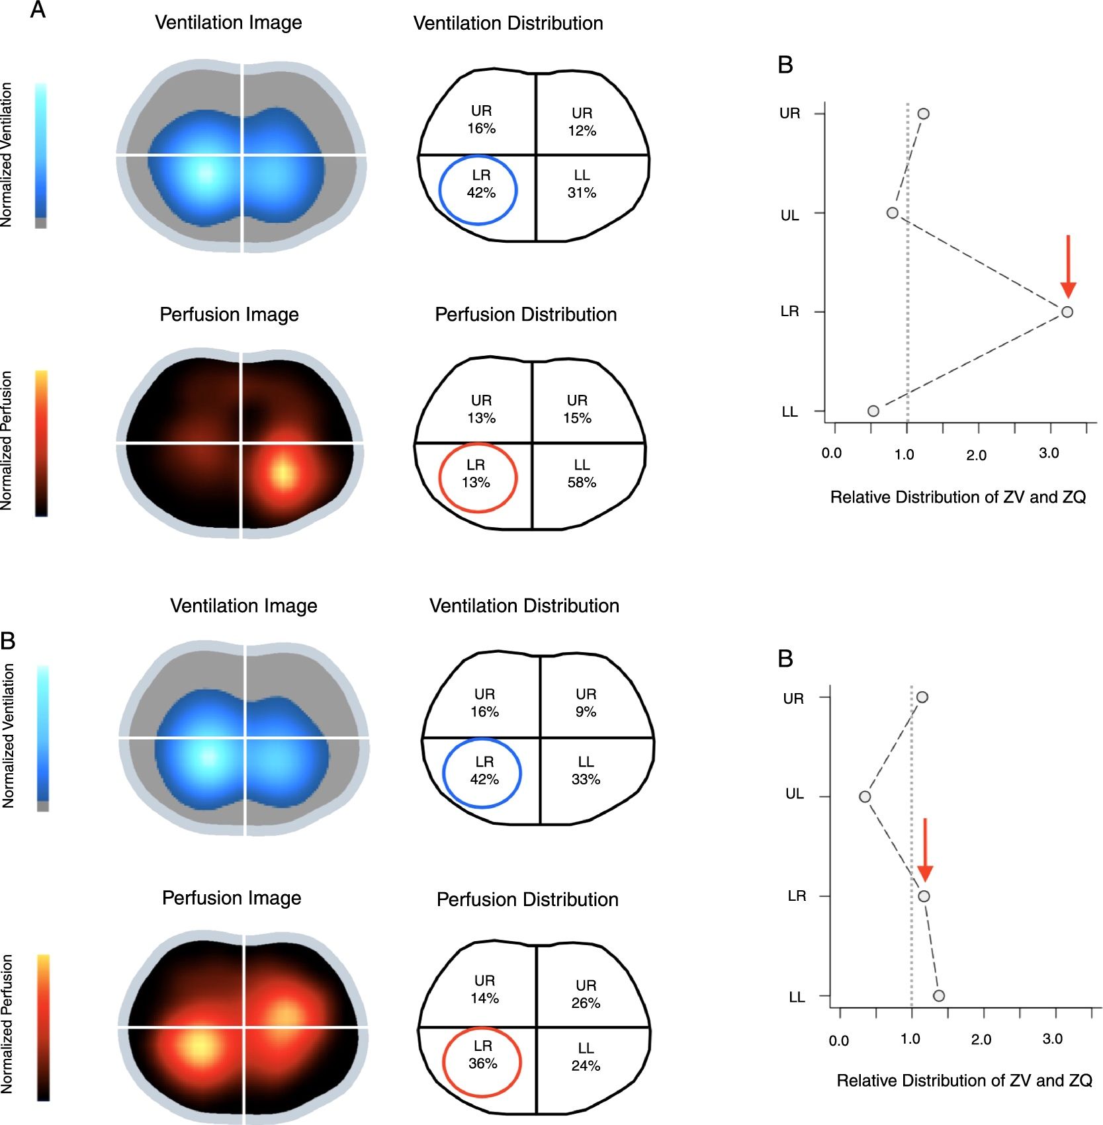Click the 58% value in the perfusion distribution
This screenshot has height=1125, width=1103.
click(x=582, y=483)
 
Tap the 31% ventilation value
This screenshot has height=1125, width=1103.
click(x=582, y=193)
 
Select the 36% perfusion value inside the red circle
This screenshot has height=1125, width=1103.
click(x=482, y=1063)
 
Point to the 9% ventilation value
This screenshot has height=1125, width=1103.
click(x=586, y=712)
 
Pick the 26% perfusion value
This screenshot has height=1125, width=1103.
click(x=586, y=1003)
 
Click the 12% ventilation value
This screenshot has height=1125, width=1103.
click(x=582, y=131)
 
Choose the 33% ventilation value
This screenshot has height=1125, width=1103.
click(x=586, y=780)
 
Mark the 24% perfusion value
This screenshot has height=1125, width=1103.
click(x=586, y=1065)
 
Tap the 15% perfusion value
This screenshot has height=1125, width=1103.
click(x=577, y=418)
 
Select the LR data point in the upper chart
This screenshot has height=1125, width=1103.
click(x=1067, y=312)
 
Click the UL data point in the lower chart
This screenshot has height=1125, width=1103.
click(x=865, y=796)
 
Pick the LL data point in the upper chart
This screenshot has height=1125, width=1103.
click(x=873, y=411)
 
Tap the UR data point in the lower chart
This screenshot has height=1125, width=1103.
click(x=922, y=697)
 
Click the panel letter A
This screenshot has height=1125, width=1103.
click(x=38, y=10)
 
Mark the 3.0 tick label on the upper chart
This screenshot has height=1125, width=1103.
click(x=1049, y=454)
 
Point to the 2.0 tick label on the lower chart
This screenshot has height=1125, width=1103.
click(x=981, y=1040)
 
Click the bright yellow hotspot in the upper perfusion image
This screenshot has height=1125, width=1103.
click(x=283, y=473)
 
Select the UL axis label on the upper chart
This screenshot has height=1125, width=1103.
click(x=789, y=215)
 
